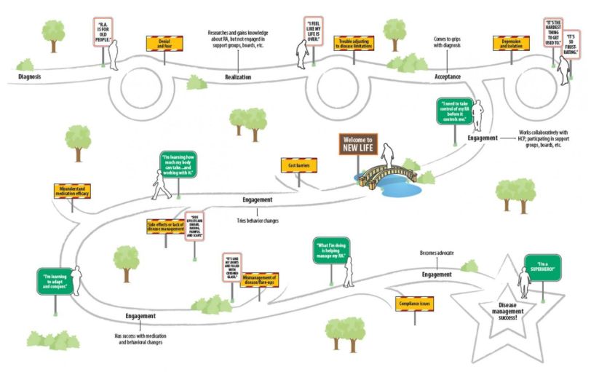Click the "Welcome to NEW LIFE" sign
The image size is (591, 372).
[358, 144]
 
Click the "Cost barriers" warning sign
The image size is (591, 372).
[296, 166]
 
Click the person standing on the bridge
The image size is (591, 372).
[389, 154]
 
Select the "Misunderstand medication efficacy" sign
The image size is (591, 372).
[72, 191]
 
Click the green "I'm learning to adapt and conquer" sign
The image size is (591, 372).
[57, 281]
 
